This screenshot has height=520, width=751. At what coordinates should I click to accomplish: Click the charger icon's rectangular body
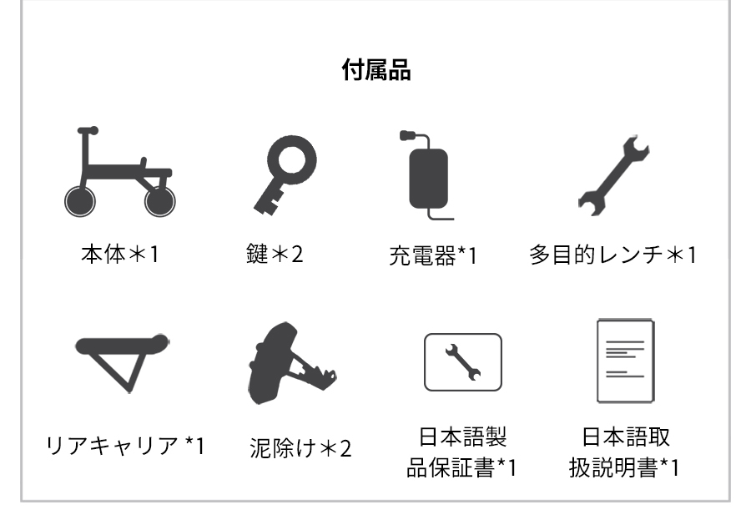[x=428, y=177]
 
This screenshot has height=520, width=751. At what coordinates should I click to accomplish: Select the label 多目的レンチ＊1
[x=615, y=254]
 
